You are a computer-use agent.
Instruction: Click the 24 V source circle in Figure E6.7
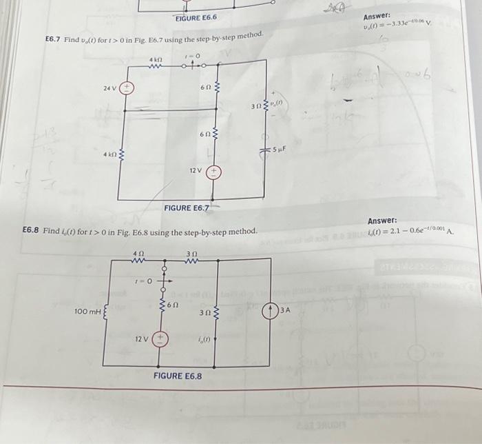(x=128, y=88)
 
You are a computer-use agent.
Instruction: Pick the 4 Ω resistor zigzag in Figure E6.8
(x=139, y=260)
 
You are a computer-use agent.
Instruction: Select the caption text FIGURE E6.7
(x=185, y=207)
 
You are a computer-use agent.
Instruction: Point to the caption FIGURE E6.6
(x=196, y=17)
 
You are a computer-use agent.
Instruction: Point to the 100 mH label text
(x=87, y=312)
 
